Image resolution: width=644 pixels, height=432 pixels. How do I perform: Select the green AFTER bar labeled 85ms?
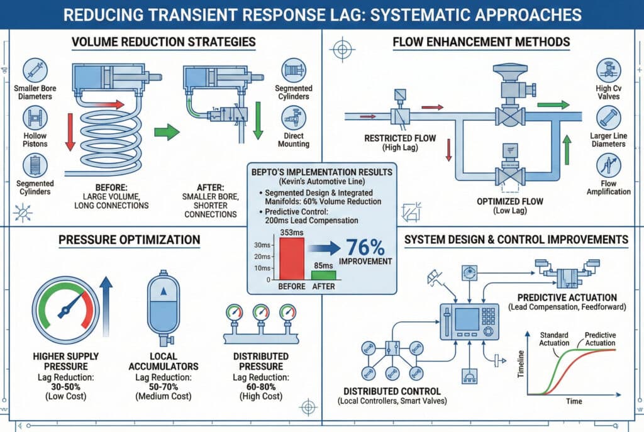pos(324,275)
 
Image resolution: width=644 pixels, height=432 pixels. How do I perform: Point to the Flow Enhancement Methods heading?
pos(481,43)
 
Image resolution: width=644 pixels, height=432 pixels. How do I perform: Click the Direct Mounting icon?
pos(293,116)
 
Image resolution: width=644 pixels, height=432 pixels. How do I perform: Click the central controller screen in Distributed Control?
pos(467,319)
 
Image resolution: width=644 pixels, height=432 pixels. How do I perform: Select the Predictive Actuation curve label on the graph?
pos(600,339)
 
